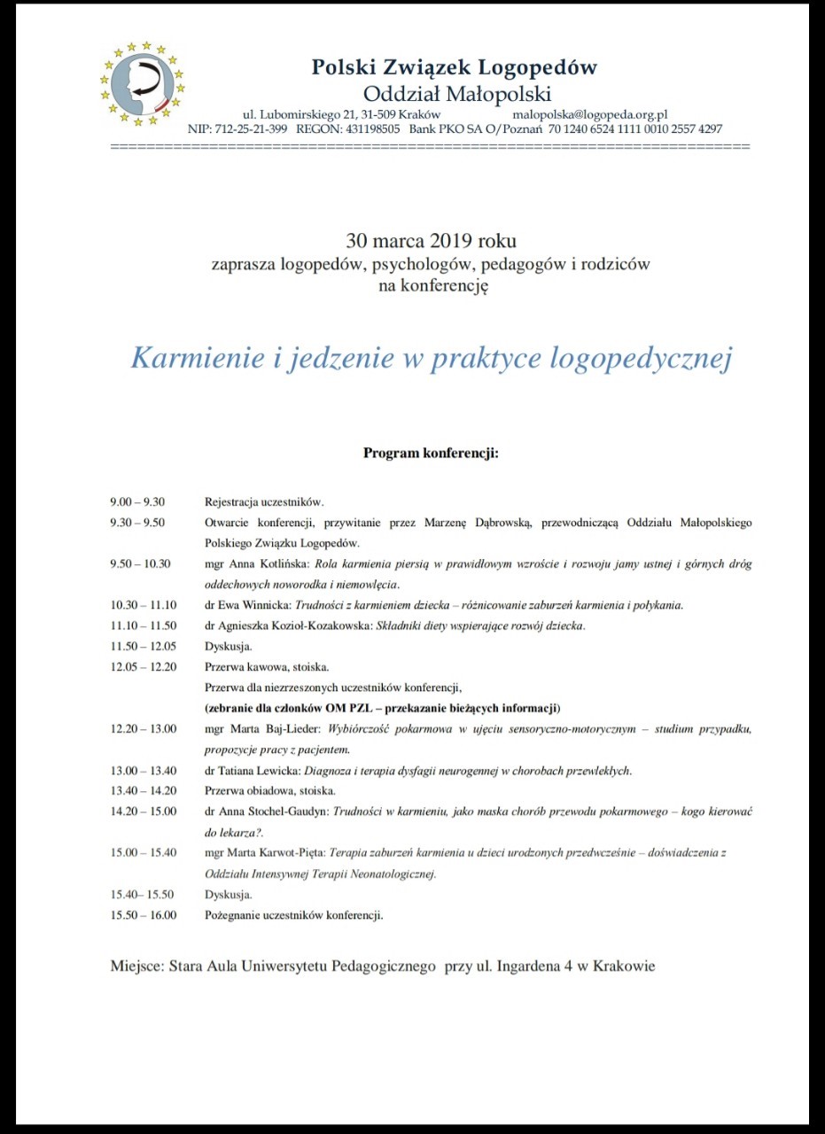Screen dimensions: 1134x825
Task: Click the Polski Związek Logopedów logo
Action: click(x=143, y=83)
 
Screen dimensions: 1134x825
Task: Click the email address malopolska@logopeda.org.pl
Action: click(x=589, y=114)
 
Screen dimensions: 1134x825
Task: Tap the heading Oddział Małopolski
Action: click(x=457, y=94)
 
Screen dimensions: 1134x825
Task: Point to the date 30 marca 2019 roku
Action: click(x=431, y=241)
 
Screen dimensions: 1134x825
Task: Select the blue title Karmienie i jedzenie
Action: click(x=432, y=357)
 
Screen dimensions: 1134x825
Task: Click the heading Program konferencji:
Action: click(x=432, y=454)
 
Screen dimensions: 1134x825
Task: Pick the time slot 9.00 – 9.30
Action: click(x=137, y=501)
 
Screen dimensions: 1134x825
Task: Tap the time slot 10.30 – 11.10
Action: click(x=144, y=606)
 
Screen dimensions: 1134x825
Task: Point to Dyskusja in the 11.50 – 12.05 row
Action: click(x=229, y=647)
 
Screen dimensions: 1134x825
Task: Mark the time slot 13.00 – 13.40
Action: click(x=144, y=771)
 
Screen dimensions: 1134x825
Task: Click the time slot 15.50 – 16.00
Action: click(x=144, y=915)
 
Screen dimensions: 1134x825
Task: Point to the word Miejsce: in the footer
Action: click(x=135, y=966)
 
